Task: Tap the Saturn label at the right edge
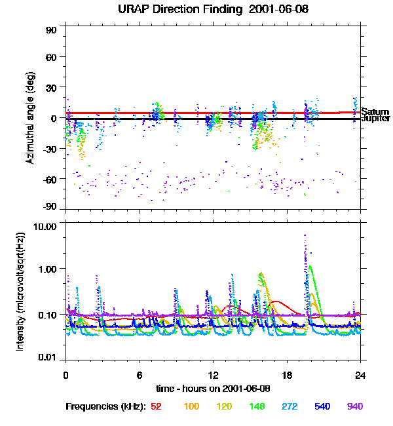pos(374,112)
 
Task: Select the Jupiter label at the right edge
pos(375,119)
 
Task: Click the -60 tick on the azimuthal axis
pos(50,178)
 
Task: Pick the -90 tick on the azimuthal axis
pos(50,208)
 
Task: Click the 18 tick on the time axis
pos(286,375)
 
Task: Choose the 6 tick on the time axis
pos(139,375)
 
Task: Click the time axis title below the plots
pos(213,389)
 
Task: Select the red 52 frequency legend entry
pos(156,407)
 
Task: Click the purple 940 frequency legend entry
pos(354,407)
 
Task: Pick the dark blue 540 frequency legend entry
pos(322,407)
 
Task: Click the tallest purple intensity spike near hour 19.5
pos(305,237)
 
